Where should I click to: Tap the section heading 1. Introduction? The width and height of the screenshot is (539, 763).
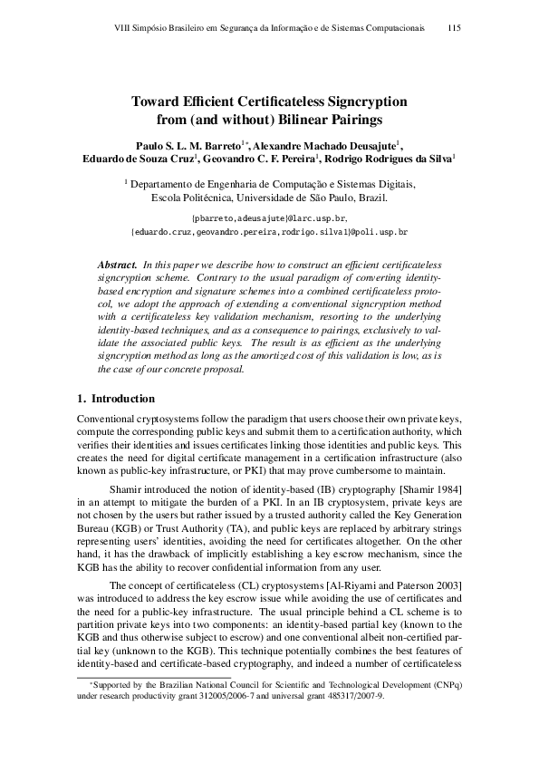tap(116, 399)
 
